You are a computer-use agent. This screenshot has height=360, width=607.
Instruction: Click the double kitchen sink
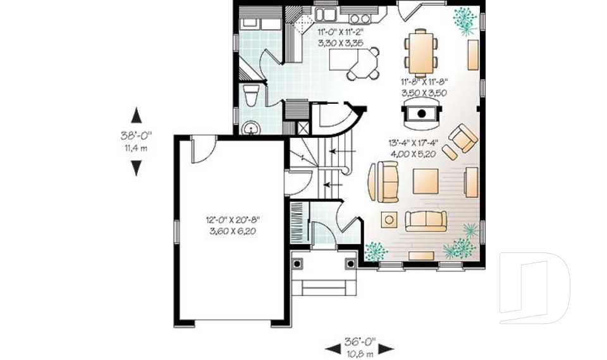pos(327,13)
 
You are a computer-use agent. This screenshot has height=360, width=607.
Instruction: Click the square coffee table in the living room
pos(426,180)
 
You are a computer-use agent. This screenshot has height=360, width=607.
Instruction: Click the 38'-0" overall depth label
pos(137,135)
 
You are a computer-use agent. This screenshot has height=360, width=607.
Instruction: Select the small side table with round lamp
pos(388,220)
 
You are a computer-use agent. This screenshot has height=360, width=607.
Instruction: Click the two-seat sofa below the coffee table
pos(426,220)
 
